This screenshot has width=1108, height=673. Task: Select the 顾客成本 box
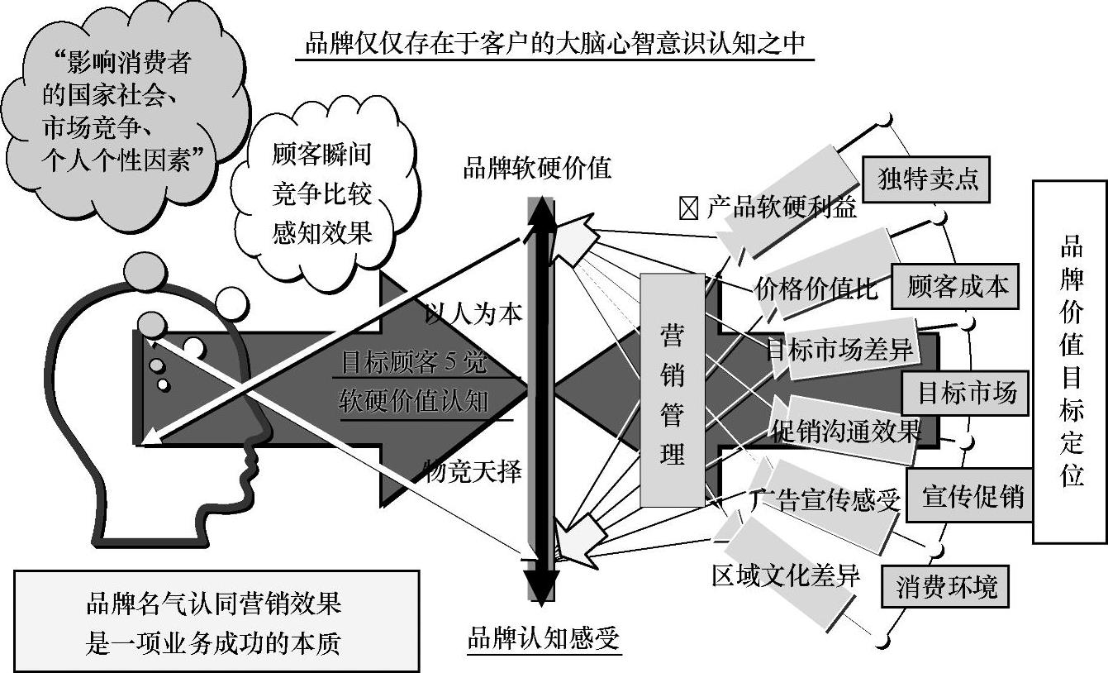point(957,286)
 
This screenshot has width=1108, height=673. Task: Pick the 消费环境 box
point(946,586)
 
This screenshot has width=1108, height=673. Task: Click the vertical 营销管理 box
point(673,389)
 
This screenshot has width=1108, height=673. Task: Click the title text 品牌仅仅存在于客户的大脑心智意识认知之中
point(554,43)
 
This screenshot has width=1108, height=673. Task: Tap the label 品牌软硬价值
point(537,168)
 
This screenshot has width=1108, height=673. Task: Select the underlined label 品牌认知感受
point(543,638)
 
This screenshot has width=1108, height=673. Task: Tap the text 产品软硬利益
point(781,208)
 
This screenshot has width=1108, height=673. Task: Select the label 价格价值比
point(816,289)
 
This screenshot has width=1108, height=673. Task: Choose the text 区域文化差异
point(786,574)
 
